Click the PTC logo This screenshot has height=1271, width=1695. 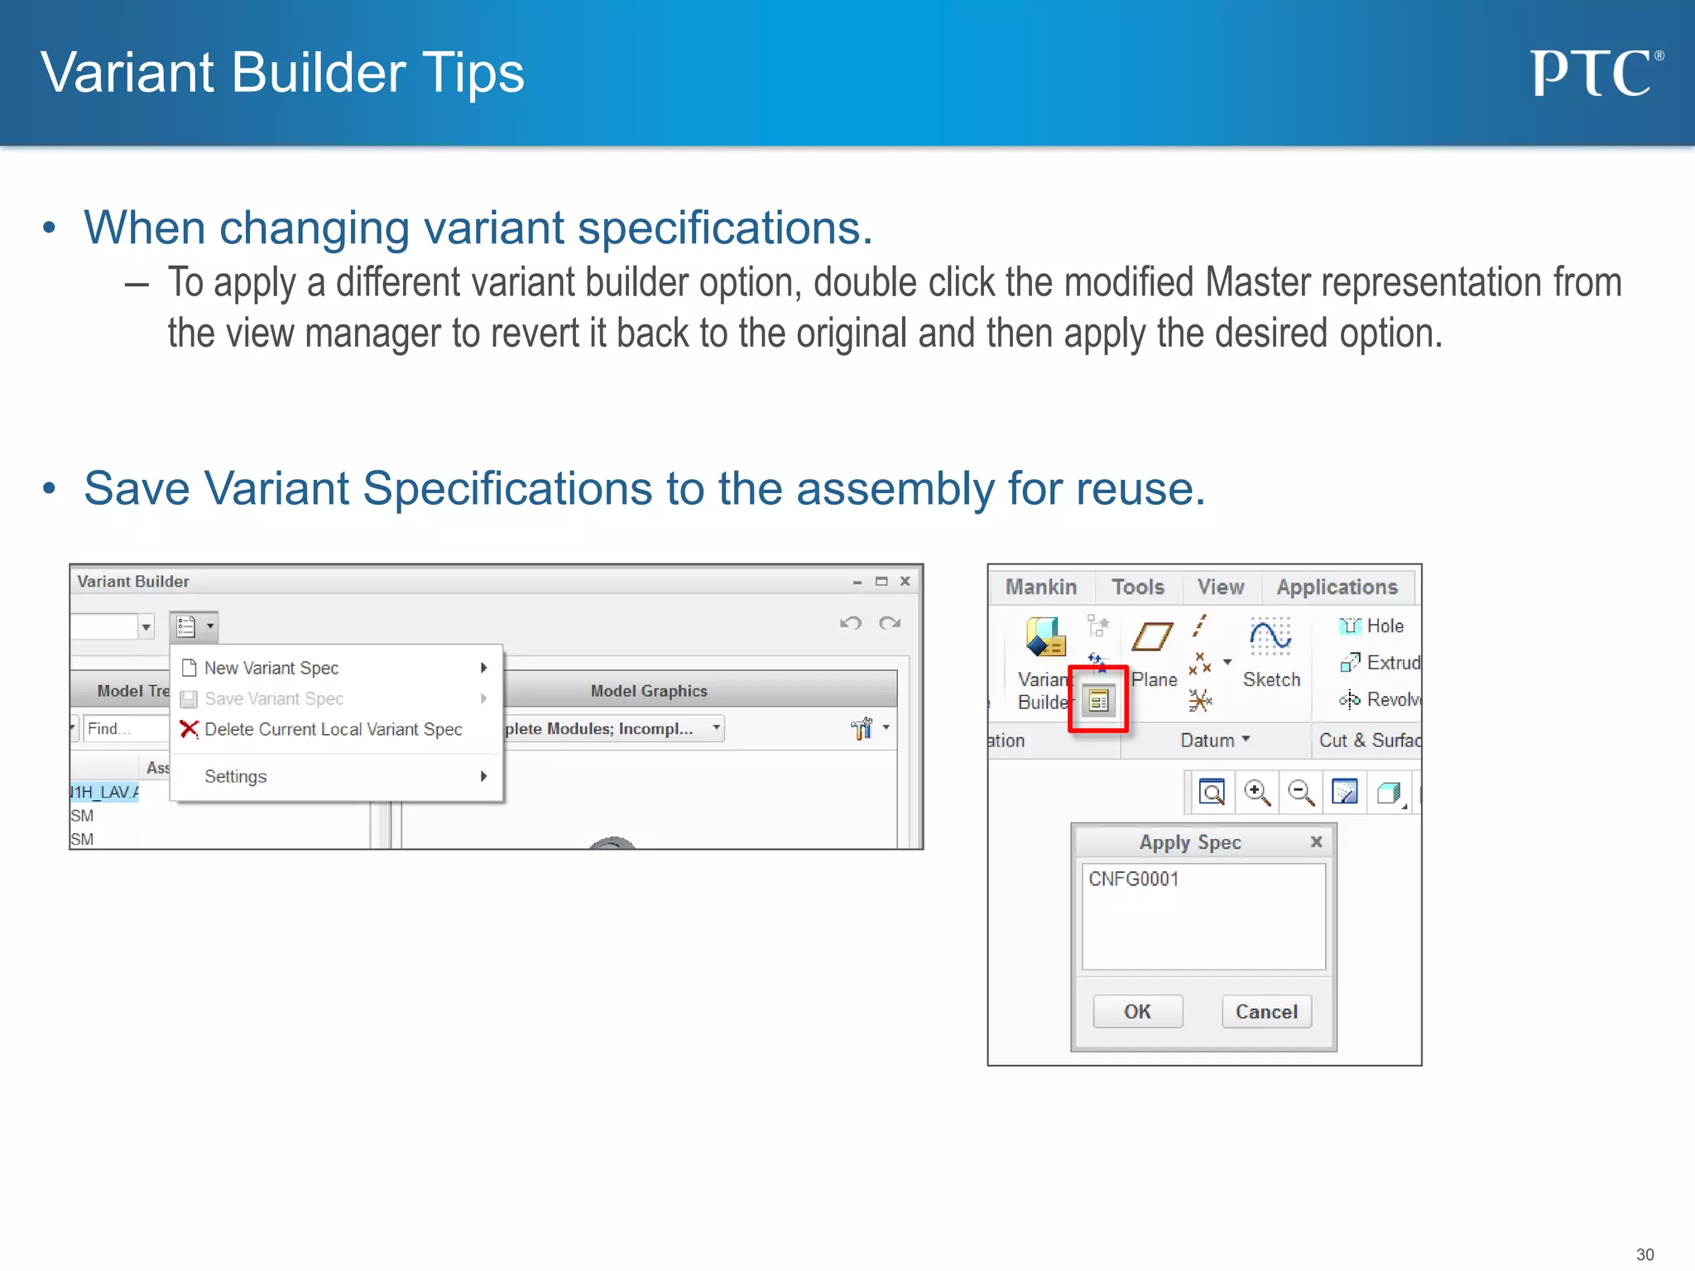coord(1594,73)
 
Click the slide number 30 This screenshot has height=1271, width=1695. coord(1645,1254)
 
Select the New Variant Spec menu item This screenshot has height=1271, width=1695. coord(271,668)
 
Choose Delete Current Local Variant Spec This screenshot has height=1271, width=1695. coord(333,729)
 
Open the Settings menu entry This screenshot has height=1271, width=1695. coord(236,776)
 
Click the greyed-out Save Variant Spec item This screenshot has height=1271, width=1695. coord(273,698)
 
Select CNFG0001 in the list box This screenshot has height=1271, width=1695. coord(1133,879)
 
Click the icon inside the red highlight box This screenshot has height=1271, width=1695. coord(1098,701)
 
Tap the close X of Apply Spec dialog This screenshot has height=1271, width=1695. coord(1316,842)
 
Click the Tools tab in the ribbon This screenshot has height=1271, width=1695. coord(1137,587)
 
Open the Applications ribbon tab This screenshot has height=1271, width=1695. coord(1336,587)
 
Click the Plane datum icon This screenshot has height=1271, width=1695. coord(1152,637)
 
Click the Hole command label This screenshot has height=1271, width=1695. coord(1385,626)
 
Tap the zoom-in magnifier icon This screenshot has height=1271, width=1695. coord(1256,792)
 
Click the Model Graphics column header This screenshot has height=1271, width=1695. coord(649,691)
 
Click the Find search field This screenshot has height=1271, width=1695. coord(124,728)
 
